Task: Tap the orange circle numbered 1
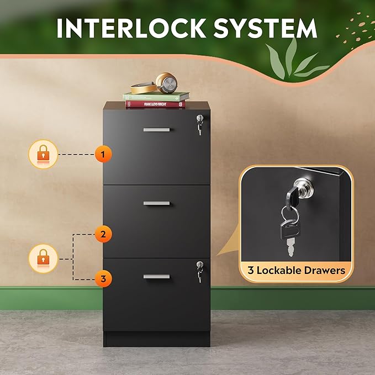click(103, 154)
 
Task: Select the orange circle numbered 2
click(103, 234)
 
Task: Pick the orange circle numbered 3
click(103, 279)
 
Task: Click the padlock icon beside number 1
click(43, 154)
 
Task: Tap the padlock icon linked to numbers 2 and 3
click(43, 258)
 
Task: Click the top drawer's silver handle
click(156, 130)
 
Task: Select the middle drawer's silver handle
click(156, 203)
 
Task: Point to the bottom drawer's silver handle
click(156, 276)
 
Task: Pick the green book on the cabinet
click(156, 96)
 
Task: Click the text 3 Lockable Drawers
click(296, 271)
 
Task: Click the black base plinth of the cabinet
click(156, 339)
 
